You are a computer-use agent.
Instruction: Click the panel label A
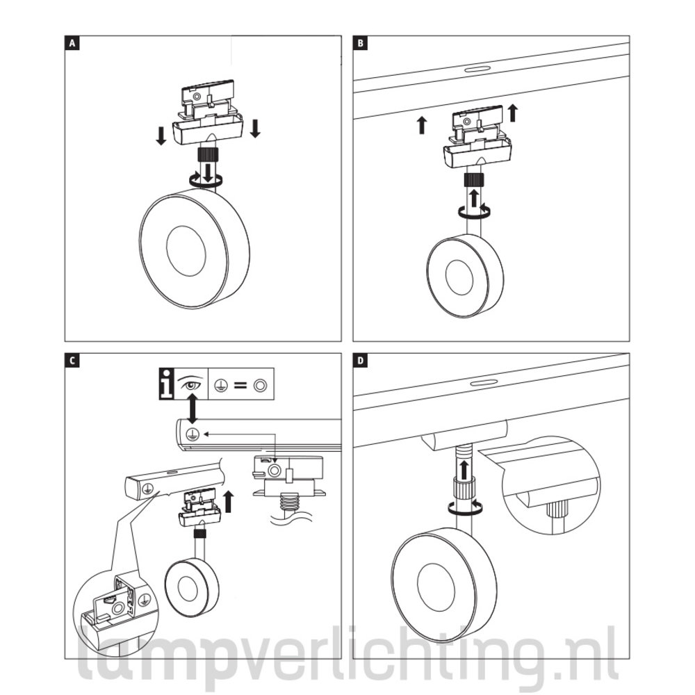click(72, 43)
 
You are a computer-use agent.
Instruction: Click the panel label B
click(360, 43)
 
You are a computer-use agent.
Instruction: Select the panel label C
click(72, 361)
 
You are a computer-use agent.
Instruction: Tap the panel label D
click(360, 361)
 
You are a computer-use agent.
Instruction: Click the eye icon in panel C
click(191, 384)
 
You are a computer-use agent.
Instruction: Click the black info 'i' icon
click(167, 384)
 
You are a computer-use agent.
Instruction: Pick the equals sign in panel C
click(240, 386)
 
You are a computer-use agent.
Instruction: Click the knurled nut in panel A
click(207, 156)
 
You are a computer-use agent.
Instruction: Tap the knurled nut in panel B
click(474, 181)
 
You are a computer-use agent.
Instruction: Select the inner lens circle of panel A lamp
click(186, 251)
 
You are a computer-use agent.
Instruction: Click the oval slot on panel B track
click(477, 69)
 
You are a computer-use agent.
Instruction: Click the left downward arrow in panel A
click(161, 136)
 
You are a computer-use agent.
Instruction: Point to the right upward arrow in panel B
click(513, 113)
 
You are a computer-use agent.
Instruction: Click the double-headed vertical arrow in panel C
click(193, 409)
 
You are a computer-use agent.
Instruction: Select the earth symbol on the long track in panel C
click(193, 434)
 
